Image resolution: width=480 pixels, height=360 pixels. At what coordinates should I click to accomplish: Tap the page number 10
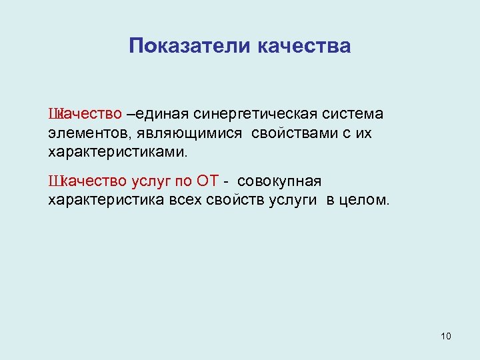(446, 335)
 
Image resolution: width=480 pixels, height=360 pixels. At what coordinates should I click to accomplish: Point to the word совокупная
(279, 181)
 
